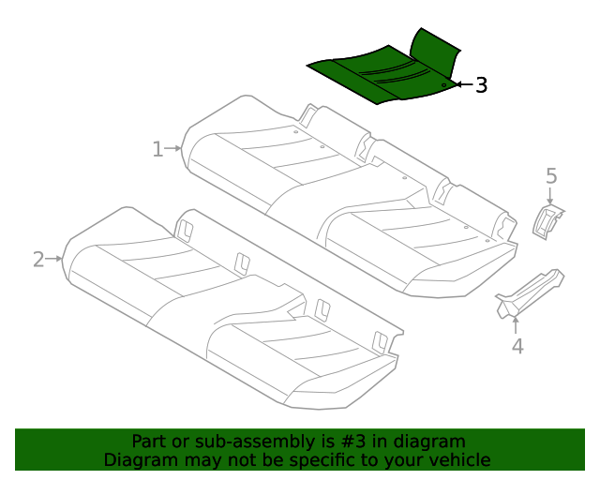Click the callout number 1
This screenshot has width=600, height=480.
(x=158, y=148)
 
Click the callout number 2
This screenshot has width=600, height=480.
(x=38, y=259)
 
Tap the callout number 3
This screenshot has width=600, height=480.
(x=480, y=85)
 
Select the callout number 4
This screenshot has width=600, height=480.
(x=517, y=347)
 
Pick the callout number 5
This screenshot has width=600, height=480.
(x=551, y=175)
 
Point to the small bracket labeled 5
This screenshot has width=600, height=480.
(x=547, y=222)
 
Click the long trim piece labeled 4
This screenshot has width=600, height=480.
(x=531, y=292)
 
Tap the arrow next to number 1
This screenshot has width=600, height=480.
(x=174, y=148)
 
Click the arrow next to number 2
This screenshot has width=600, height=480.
(x=55, y=258)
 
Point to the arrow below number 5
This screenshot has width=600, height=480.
(x=551, y=194)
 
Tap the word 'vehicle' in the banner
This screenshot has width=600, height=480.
(x=459, y=460)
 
